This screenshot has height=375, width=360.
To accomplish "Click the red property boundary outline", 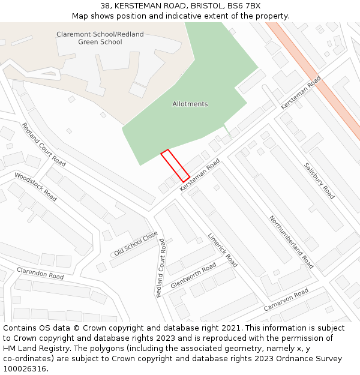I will pyautogui.click(x=175, y=166).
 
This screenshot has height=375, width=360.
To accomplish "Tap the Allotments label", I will pyautogui.click(x=190, y=104).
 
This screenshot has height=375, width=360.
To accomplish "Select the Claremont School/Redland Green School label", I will pyautogui.click(x=100, y=38).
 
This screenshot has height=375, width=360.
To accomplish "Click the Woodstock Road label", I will pyautogui.click(x=35, y=187).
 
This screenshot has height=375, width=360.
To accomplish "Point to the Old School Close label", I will pyautogui.click(x=136, y=243).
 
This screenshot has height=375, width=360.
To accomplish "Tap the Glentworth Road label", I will pyautogui.click(x=193, y=275).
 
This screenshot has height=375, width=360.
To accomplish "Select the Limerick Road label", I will pyautogui.click(x=223, y=250).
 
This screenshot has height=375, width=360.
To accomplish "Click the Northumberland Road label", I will pyautogui.click(x=292, y=242).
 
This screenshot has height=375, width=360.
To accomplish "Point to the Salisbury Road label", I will pyautogui.click(x=319, y=181).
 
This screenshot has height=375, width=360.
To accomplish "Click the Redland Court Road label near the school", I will pyautogui.click(x=44, y=145).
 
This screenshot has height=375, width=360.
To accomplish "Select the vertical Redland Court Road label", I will pyautogui.click(x=160, y=268).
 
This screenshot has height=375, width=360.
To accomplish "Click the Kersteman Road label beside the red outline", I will pyautogui.click(x=200, y=175).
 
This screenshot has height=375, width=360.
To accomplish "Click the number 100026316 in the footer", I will pyautogui.click(x=25, y=369).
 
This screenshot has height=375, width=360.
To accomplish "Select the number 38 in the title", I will pyautogui.click(x=105, y=5).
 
